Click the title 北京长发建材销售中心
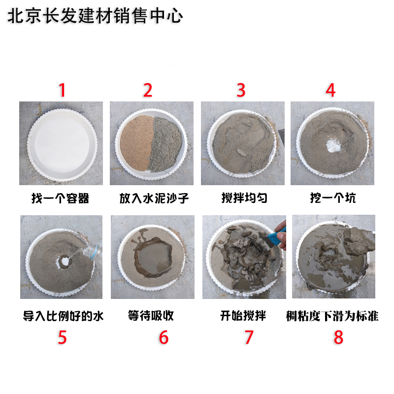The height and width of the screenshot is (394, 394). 95,16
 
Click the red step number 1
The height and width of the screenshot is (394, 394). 62,90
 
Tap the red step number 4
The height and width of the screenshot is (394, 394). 330,90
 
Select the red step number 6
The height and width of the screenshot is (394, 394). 164,337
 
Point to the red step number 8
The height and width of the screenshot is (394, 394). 338,337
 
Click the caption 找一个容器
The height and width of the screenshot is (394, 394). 60,198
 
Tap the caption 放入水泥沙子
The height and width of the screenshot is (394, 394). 154,198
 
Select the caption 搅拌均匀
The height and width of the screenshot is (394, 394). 244,198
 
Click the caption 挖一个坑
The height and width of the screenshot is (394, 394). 333,198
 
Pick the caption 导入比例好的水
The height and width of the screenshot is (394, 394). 63,316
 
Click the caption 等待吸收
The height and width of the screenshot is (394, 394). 151,315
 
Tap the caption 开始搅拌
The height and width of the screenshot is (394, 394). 243,316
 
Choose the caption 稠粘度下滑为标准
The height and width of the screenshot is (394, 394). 332,316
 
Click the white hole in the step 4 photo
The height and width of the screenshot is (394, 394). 333,146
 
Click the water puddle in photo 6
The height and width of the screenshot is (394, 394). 155,257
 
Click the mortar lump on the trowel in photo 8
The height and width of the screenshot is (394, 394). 360,241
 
